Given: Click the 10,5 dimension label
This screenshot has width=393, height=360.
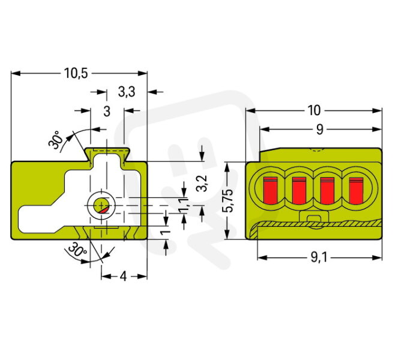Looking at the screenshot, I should pyautogui.click(x=76, y=74).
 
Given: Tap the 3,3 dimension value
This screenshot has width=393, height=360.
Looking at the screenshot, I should pyautogui.click(x=126, y=92).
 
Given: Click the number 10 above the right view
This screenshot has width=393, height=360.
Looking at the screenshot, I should pyautogui.click(x=314, y=110).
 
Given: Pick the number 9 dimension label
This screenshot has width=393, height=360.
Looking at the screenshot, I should pyautogui.click(x=319, y=129).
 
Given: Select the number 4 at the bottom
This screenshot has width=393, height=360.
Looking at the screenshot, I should pyautogui.click(x=123, y=277).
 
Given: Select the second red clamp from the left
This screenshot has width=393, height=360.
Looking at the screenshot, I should pyautogui.click(x=299, y=190).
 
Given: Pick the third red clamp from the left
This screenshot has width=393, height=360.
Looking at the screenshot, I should pyautogui.click(x=328, y=190).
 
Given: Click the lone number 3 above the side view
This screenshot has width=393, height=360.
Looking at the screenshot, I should pyautogui.click(x=107, y=110).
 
